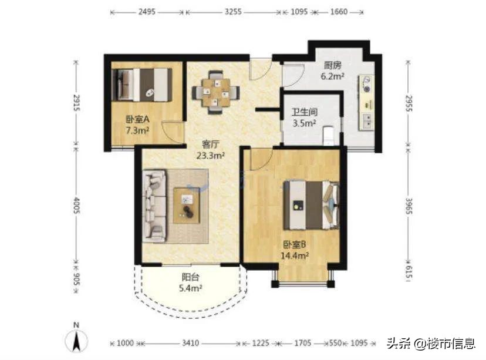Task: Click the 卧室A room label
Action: coord(137,119)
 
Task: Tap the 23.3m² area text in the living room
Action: coord(211,156)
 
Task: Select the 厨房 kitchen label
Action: coord(333,65)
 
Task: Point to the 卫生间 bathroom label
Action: coord(305,112)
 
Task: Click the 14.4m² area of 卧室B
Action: coord(295,256)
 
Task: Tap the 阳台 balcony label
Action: coord(190,277)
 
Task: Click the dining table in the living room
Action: coord(216,92)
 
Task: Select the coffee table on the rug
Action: coord(186,206)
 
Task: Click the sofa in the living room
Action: coord(155,206)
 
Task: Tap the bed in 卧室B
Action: coord(312,206)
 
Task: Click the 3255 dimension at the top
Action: coord(233,12)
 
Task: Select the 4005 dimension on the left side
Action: coord(76,206)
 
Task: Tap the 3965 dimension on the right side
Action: coord(409,206)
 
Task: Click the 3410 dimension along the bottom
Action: coord(190,343)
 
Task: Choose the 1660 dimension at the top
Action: coord(339,12)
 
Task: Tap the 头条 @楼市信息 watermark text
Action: coord(431,344)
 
